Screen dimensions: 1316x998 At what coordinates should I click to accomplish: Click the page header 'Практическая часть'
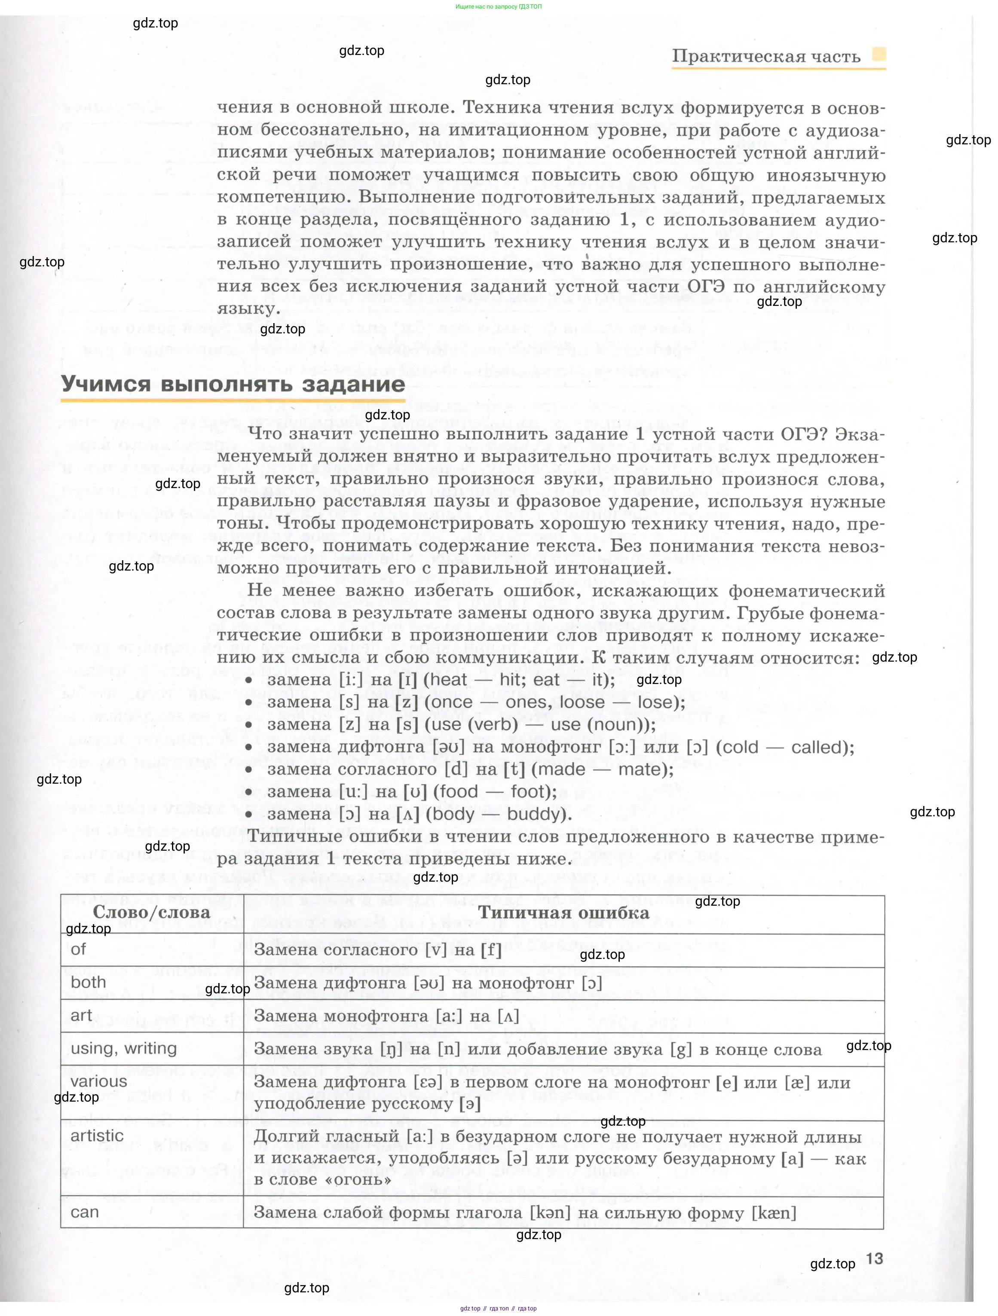(766, 57)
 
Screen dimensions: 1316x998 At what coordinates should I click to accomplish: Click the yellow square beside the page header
(879, 54)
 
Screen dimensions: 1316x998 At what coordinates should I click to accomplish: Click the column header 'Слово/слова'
(151, 913)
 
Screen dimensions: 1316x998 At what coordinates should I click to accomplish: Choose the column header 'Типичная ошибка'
(563, 913)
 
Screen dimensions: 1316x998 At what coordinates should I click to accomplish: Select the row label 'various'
(99, 1081)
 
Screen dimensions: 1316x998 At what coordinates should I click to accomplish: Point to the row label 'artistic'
(97, 1135)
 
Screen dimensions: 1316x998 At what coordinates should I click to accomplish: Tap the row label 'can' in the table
(85, 1212)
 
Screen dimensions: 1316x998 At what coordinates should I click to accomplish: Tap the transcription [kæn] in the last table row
(774, 1212)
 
